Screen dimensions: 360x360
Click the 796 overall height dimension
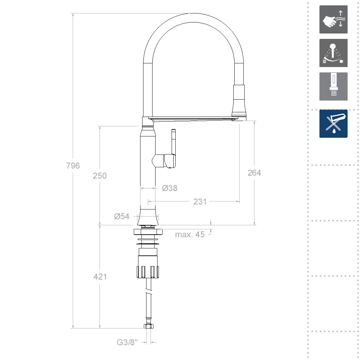click(x=73, y=166)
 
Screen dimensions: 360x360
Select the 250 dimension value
click(x=100, y=176)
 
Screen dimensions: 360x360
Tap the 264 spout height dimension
click(x=254, y=173)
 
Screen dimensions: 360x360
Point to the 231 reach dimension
click(x=200, y=201)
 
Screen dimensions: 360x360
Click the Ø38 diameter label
click(x=170, y=188)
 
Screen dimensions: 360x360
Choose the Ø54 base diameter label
click(x=122, y=216)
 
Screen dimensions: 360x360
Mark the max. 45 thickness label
click(x=190, y=234)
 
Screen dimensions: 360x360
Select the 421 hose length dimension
click(x=100, y=277)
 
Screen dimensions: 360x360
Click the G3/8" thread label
click(x=127, y=342)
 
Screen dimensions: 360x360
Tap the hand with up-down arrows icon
click(x=334, y=19)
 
